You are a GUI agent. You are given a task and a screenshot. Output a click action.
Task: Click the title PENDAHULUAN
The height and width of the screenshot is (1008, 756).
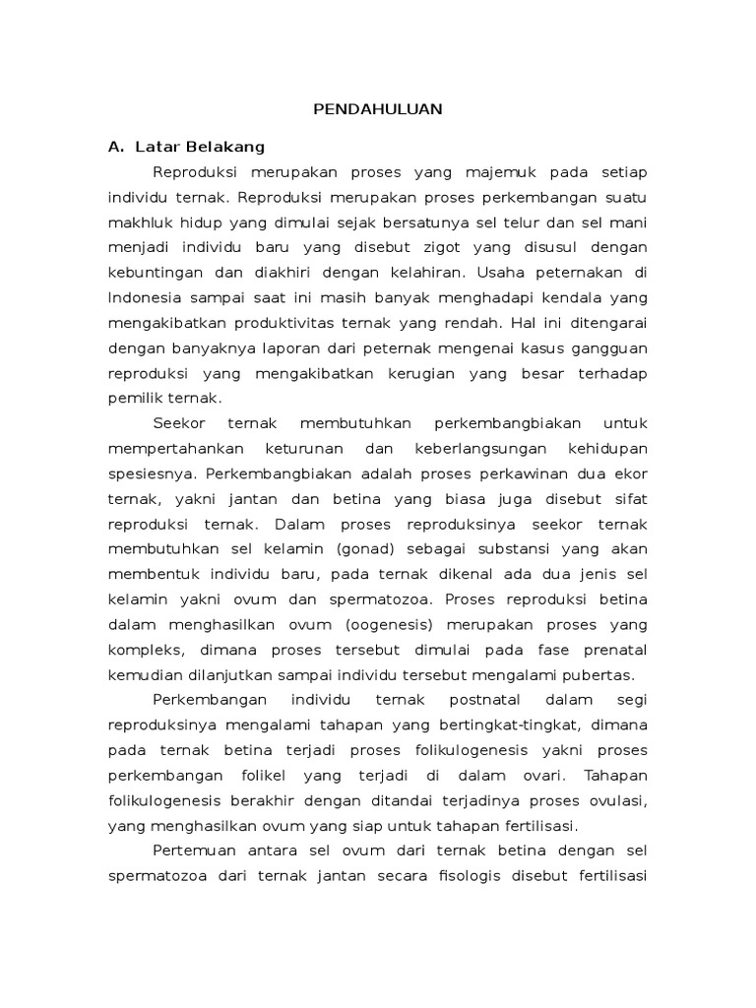click(x=377, y=109)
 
